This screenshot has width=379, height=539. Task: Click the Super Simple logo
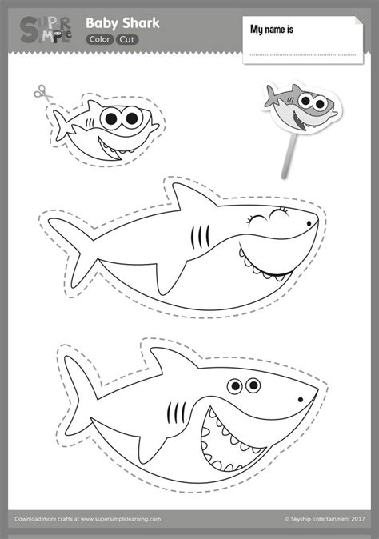click(x=46, y=30)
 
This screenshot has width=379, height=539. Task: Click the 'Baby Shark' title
click(x=122, y=23)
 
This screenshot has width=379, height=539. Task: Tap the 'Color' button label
click(x=100, y=39)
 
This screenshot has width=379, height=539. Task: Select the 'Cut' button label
click(x=127, y=40)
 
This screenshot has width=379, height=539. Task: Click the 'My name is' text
click(x=272, y=30)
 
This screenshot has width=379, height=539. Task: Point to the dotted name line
click(x=303, y=54)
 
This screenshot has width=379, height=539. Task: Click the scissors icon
click(x=42, y=93)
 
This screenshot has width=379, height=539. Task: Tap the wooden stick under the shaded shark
click(x=288, y=155)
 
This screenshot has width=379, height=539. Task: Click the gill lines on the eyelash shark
click(x=200, y=237)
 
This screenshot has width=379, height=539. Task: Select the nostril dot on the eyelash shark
click(x=309, y=223)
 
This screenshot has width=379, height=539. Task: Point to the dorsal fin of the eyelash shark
click(x=194, y=197)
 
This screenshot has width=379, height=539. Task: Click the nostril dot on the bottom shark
click(x=301, y=399)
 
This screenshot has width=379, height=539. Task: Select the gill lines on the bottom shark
click(x=176, y=413)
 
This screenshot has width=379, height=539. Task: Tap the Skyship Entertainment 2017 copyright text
click(x=325, y=519)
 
